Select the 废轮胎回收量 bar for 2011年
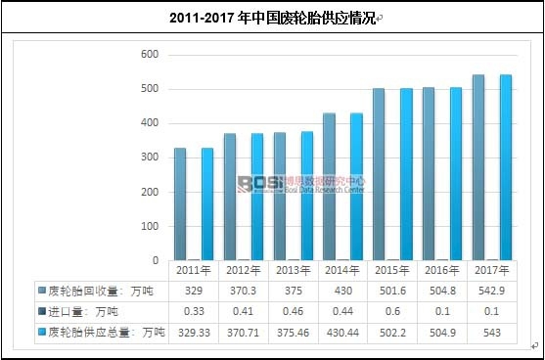pyautogui.click(x=180, y=203)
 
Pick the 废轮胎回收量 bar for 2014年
pyautogui.click(x=330, y=186)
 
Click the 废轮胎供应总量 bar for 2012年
pyautogui.click(x=256, y=196)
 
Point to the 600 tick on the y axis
pyautogui.click(x=150, y=55)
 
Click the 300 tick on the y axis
pyautogui.click(x=150, y=157)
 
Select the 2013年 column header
pyautogui.click(x=293, y=271)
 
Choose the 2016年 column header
pyautogui.click(x=441, y=271)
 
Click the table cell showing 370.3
pyautogui.click(x=243, y=292)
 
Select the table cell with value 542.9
pyautogui.click(x=491, y=292)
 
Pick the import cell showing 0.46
pyautogui.click(x=293, y=312)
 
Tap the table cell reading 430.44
pyautogui.click(x=342, y=333)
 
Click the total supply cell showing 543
pyautogui.click(x=491, y=333)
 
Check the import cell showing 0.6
pyautogui.click(x=391, y=312)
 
